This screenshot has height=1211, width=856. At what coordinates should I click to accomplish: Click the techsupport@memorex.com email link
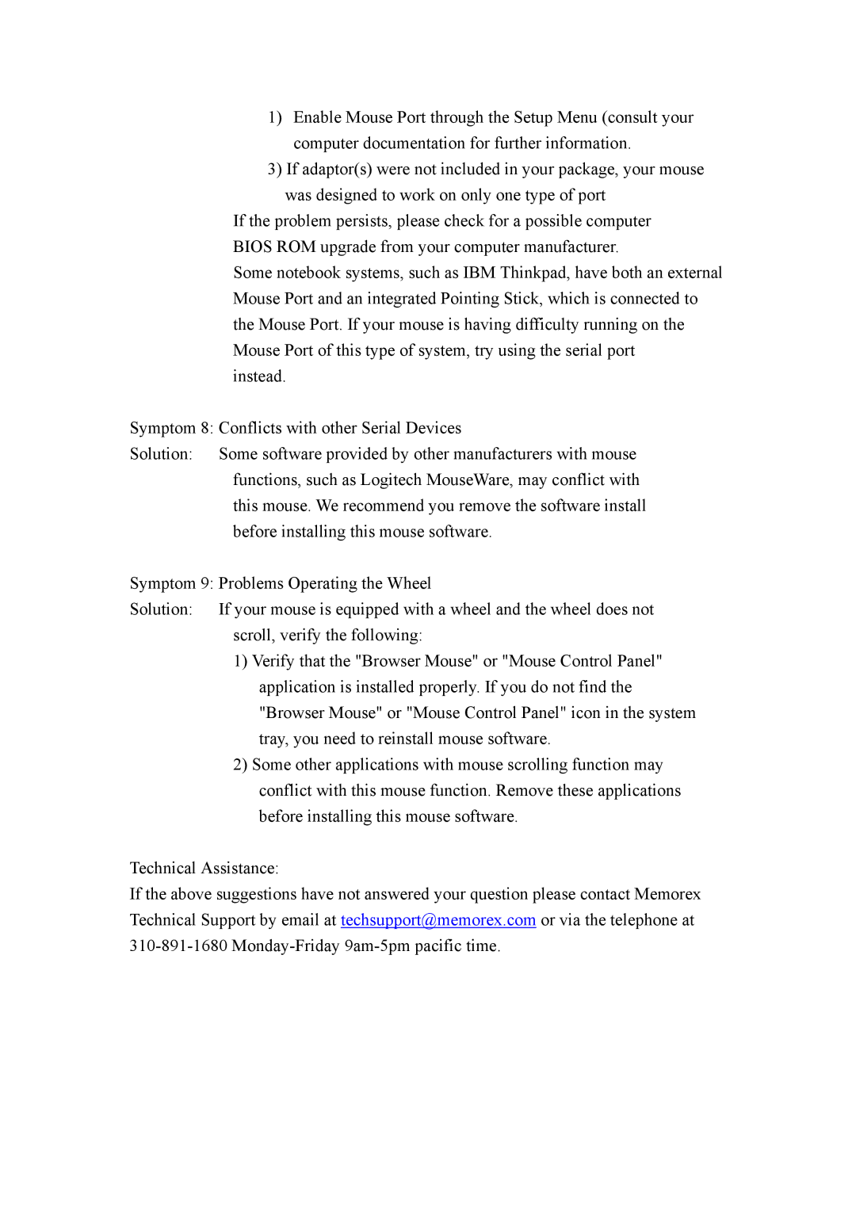pos(438,920)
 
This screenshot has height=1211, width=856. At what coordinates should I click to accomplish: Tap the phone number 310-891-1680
pos(178,946)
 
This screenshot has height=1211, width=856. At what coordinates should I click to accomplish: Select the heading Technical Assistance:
pos(204,869)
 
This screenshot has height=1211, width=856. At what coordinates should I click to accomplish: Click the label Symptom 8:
pos(171,429)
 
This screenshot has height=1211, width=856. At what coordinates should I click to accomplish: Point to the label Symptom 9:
pos(171,584)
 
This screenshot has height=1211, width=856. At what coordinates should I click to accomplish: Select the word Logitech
pos(391,480)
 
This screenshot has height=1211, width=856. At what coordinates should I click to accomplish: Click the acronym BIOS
pos(252,247)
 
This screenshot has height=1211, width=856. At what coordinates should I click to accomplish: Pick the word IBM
pos(479,273)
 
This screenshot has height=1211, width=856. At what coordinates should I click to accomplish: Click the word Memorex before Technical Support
pos(667,895)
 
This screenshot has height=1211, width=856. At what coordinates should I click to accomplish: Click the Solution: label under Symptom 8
pos(161,455)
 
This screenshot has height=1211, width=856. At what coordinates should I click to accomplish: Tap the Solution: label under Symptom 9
pos(161,610)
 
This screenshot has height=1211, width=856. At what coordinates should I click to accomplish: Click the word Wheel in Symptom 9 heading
pos(409,584)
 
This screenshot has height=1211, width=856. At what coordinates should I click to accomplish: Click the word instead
pos(258,377)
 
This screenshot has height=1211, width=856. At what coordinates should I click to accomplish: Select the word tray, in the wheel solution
pos(273,739)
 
